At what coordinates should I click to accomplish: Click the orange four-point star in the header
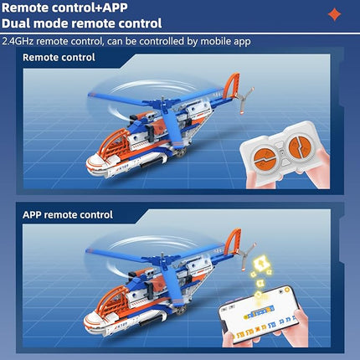(x=334, y=14)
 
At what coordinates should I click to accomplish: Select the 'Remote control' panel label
(x=59, y=58)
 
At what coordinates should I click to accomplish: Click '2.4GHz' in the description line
(x=19, y=41)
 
